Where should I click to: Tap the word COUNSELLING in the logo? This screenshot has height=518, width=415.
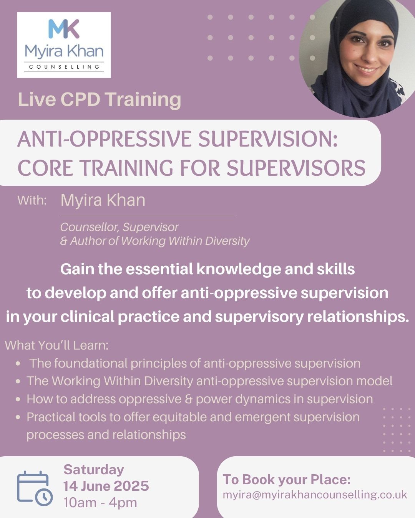(x=64, y=67)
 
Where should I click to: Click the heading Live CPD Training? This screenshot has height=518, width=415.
(x=100, y=100)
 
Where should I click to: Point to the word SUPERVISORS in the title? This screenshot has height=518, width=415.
(x=296, y=168)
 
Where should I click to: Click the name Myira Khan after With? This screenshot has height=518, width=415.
(x=103, y=200)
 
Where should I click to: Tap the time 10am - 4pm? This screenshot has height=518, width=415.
(x=100, y=503)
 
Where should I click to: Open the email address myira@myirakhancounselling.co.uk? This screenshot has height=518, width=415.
(x=315, y=495)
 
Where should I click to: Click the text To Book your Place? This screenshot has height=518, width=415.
(x=287, y=480)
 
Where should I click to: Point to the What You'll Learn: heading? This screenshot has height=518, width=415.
(x=56, y=345)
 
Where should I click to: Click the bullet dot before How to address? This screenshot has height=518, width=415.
(x=18, y=399)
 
